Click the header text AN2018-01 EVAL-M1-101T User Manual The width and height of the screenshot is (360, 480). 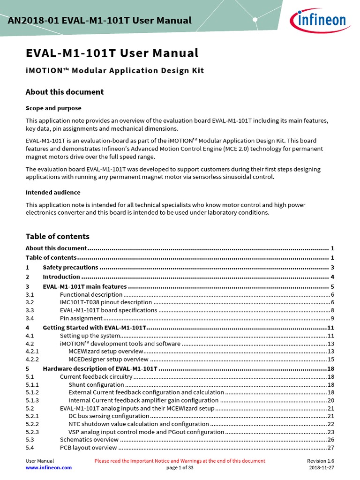100,20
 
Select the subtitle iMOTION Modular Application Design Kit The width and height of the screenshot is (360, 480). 114,71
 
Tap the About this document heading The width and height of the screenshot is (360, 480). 64,92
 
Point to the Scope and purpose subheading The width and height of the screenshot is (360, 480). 53,108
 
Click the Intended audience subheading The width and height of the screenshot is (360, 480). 52,193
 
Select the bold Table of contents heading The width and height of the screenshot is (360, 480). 57,237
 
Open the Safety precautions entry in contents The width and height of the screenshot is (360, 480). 70,268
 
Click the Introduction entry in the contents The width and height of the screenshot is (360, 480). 61,277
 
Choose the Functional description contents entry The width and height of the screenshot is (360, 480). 91,295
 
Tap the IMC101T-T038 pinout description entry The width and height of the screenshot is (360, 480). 106,302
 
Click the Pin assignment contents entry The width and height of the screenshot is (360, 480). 81,318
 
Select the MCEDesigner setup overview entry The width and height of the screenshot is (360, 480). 108,360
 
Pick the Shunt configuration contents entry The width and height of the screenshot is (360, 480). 96,385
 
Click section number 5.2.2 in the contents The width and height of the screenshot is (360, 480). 32,424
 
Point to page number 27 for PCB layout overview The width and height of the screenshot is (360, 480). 330,448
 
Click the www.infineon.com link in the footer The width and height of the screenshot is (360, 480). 48,468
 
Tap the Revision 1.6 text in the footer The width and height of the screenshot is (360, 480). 321,461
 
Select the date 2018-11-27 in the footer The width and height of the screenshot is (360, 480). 322,468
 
